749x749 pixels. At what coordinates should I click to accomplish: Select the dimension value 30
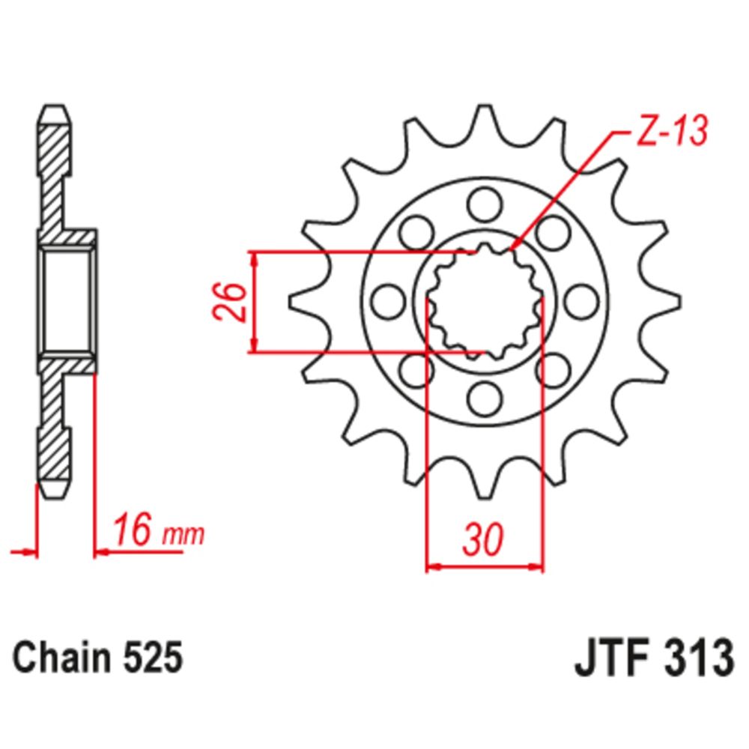(484, 541)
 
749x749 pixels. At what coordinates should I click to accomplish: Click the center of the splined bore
(484, 301)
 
